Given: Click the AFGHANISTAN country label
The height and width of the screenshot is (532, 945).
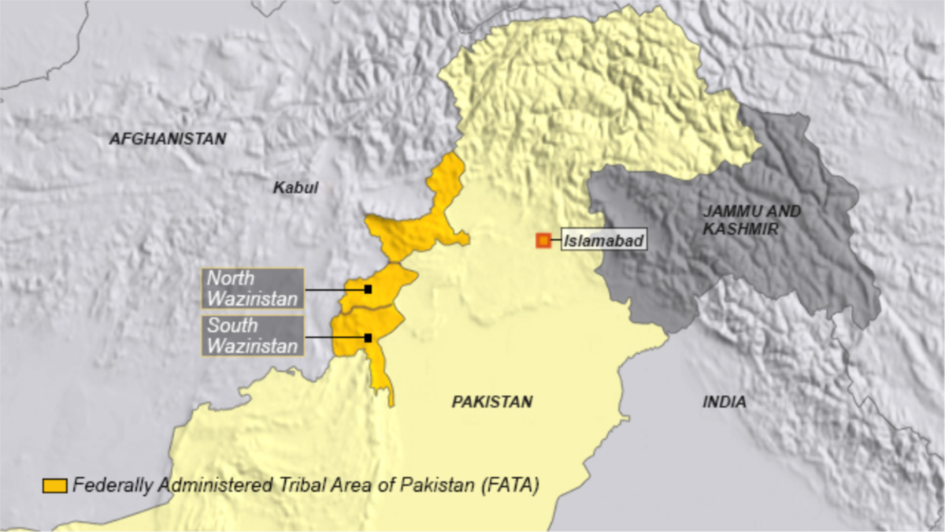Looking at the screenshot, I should point(167,140).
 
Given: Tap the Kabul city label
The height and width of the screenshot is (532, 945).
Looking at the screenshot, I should point(295,188).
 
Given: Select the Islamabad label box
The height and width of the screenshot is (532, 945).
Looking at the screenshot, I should point(604,240).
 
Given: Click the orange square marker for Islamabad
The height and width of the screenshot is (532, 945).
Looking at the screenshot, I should point(543,240).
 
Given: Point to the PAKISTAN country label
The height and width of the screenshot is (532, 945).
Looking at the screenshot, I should point(491,402).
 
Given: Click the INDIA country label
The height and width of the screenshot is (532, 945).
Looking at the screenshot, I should point(724,402).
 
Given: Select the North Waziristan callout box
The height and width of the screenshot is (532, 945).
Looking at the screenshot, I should point(253,288).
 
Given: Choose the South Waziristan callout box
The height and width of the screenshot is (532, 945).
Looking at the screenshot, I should point(253,337).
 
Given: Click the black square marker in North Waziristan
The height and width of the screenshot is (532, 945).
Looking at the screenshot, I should point(368,289).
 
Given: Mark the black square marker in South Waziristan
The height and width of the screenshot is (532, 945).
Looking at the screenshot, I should point(368,338).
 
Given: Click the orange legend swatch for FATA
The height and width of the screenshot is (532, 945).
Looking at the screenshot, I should point(54,485).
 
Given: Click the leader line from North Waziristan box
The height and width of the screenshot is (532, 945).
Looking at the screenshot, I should point(335,289).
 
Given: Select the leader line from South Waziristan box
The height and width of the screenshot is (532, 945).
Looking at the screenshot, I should point(335,338).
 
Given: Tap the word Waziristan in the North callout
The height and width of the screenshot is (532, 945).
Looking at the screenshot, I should point(253,299).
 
